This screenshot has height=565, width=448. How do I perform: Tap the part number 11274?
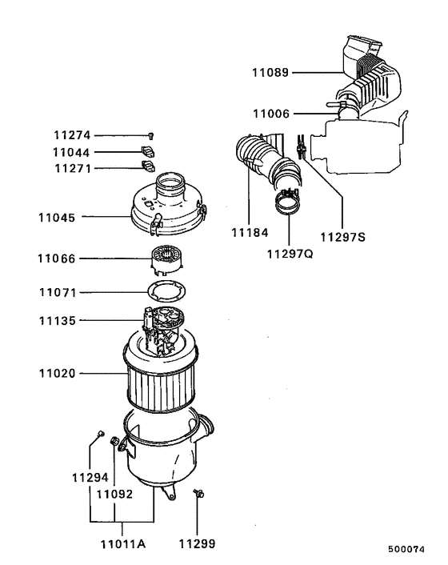point(73,136)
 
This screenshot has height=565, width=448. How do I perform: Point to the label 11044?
point(73,152)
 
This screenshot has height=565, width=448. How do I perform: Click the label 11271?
point(73,168)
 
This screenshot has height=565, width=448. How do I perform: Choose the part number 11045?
point(57,216)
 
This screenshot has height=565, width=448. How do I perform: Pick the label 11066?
point(57,258)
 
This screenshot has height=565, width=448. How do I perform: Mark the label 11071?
point(57,291)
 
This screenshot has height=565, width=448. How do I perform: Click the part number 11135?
point(57,322)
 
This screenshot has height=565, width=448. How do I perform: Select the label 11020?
point(57,372)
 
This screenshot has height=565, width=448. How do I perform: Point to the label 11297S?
point(342,237)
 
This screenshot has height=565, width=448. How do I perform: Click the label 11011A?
point(122,544)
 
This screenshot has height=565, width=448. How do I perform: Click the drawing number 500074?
point(408,551)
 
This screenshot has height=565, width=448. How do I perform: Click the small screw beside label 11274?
point(150,137)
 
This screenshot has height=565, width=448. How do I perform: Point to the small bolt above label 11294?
point(100,434)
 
